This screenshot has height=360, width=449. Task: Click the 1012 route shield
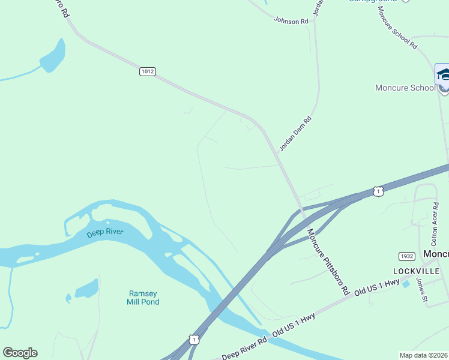coord(147,71)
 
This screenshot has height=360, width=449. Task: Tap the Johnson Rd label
coord(291,20)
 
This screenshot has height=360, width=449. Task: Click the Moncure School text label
coord(405,88)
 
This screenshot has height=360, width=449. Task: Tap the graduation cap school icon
coord(443,76)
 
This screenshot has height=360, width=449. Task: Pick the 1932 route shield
coord(407,256)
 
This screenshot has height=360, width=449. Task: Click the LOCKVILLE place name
coord(413,271)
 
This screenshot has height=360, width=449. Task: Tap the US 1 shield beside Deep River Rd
coord(193,340)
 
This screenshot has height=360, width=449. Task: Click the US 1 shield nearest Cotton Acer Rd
coord(377,191)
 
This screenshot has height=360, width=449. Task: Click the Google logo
coord(20,353)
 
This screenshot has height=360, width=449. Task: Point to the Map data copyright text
coord(424,355)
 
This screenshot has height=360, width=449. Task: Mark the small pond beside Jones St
coord(406,284)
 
